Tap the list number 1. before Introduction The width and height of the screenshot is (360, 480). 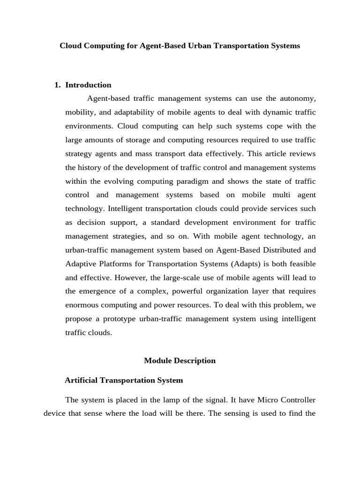(x=58, y=85)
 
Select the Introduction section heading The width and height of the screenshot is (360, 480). (x=88, y=85)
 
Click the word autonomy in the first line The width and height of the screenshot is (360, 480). (x=298, y=98)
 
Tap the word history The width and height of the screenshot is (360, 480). (x=90, y=167)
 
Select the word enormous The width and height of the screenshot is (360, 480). (x=82, y=305)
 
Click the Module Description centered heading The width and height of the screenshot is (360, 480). (x=180, y=360)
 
